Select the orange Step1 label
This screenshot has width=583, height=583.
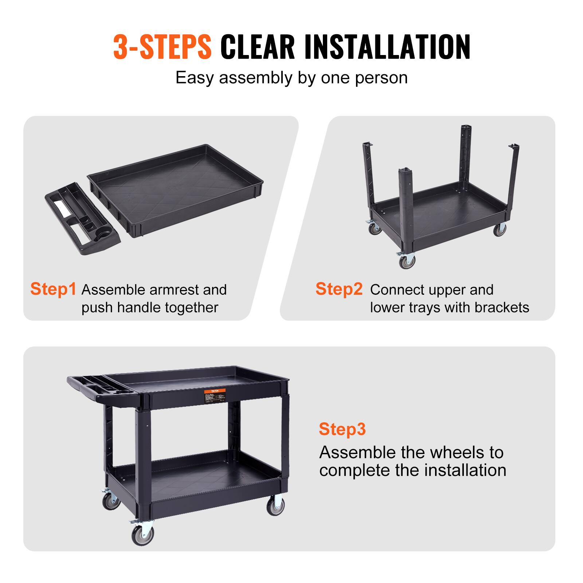point(53,289)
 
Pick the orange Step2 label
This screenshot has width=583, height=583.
point(339,289)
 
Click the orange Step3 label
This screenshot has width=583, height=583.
point(342,429)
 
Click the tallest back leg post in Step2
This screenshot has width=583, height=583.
point(466,153)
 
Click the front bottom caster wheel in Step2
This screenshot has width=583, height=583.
point(407,261)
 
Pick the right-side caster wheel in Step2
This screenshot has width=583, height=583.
point(500,230)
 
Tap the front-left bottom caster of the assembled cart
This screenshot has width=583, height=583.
point(142,534)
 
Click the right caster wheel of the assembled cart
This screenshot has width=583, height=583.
point(276,506)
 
